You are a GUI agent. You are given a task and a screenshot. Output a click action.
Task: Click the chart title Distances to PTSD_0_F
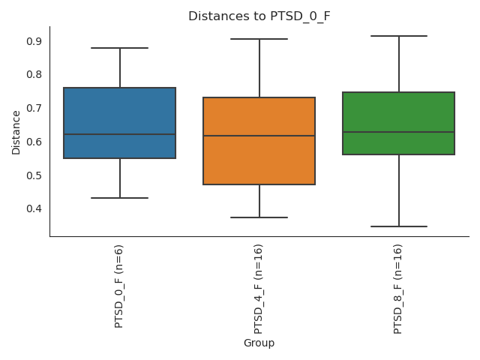pos(259,16)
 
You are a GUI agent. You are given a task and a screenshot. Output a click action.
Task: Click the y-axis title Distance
pos(16,132)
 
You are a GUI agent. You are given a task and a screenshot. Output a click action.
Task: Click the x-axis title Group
pos(259,343)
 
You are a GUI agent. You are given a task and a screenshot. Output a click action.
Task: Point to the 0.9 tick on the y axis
pos(34,41)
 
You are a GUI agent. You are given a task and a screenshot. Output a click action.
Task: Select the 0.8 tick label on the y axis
pos(34,75)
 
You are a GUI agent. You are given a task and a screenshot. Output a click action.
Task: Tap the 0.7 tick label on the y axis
pos(34,108)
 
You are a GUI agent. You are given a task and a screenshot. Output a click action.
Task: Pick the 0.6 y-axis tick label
pos(34,142)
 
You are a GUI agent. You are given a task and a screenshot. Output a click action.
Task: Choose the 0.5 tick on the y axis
pos(34,175)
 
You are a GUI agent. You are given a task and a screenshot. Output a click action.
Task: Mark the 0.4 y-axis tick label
pos(34,208)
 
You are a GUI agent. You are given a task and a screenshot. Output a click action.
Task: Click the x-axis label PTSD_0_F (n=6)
pos(119,286)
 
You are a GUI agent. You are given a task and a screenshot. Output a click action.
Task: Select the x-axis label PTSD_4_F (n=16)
pos(259,289)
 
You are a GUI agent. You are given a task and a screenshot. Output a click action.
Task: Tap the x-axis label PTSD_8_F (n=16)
pos(398,289)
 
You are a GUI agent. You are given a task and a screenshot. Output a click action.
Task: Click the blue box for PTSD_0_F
pos(120,112)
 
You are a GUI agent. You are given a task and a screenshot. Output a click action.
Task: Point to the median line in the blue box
pos(120,134)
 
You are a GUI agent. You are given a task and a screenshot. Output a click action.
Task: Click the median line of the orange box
pos(259,136)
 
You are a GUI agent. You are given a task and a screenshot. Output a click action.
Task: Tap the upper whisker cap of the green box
pos(399,36)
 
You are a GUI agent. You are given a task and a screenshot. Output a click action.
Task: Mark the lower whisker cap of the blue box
pos(120,198)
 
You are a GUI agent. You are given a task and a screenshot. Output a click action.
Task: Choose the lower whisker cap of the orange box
pos(259,217)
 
